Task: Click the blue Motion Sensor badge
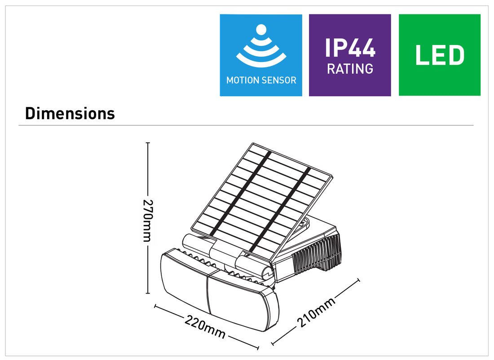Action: [260, 55]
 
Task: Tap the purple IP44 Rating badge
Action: [350, 55]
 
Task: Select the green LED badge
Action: [439, 55]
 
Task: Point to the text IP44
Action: [350, 47]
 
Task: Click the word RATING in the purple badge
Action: [350, 69]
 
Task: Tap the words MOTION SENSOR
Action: [261, 80]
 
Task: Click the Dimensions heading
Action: [70, 113]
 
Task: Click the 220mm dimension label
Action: [205, 328]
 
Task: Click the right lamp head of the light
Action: [243, 299]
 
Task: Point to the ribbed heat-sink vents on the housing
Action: [317, 254]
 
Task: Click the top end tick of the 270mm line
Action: [147, 143]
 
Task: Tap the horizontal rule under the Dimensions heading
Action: [246, 125]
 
